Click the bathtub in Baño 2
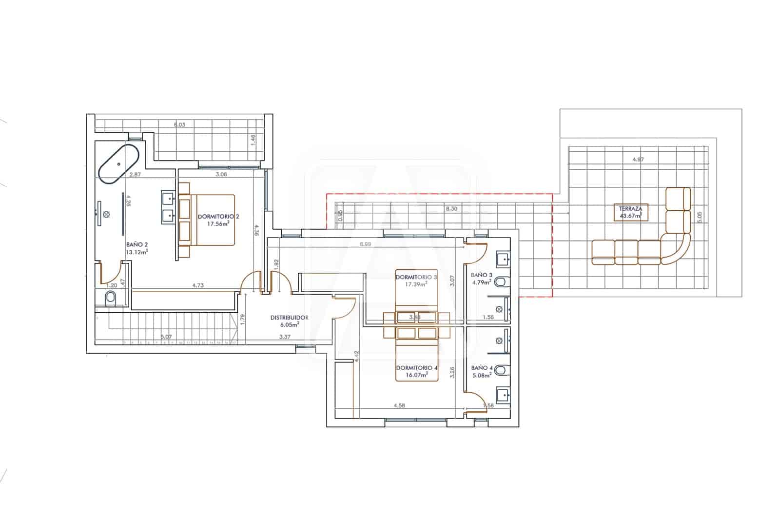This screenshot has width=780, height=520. [x=119, y=164]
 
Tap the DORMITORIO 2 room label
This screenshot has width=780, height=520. [x=218, y=216]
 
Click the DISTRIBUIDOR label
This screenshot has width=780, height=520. [x=289, y=318]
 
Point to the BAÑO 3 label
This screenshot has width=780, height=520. [x=482, y=275]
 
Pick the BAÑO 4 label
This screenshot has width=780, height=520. [x=482, y=368]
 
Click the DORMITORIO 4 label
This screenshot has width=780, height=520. [x=413, y=367]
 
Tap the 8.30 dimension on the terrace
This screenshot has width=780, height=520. [x=451, y=208]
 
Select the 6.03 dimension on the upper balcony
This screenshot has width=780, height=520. [x=180, y=124]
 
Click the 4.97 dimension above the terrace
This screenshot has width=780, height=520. [x=638, y=159]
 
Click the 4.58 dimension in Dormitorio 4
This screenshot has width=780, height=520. [x=400, y=405]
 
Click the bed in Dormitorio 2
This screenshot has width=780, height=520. [x=207, y=220]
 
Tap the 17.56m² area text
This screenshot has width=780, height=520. [x=218, y=224]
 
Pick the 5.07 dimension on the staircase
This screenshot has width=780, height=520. [x=166, y=336]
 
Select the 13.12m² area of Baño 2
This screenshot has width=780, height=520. [x=137, y=252]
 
